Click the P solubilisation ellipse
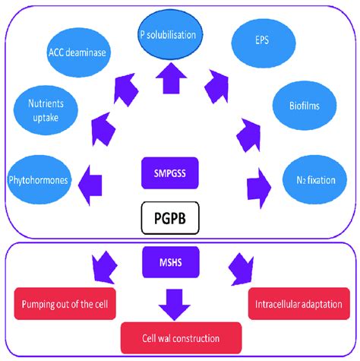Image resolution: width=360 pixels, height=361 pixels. coord(178,35)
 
